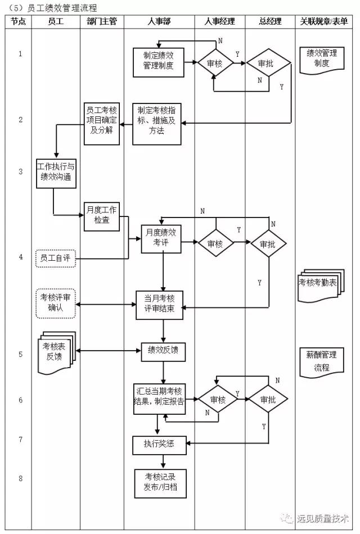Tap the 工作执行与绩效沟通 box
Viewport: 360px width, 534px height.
[55, 172]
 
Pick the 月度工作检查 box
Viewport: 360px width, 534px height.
[102, 216]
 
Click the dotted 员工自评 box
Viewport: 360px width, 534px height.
[55, 258]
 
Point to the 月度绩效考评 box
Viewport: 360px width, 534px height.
[161, 238]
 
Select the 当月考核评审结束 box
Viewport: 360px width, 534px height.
[159, 304]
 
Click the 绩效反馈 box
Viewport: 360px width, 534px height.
[163, 351]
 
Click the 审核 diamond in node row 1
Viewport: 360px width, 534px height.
[215, 64]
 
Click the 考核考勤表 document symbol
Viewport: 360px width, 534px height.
[317, 283]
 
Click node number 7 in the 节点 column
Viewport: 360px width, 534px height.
[21, 439]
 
